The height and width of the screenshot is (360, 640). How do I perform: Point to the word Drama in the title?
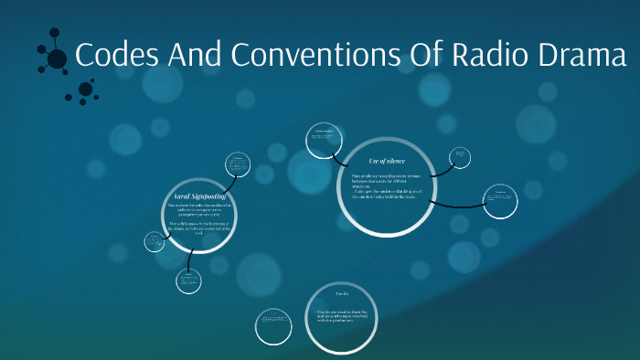[x=582, y=56]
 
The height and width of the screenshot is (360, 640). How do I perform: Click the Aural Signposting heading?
[x=200, y=196]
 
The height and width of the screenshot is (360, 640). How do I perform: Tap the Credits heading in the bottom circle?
[x=341, y=294]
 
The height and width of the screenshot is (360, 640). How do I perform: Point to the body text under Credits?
[x=342, y=318]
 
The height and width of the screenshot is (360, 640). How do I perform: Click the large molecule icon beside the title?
[x=56, y=58]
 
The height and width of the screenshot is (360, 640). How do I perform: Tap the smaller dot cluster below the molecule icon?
[x=85, y=90]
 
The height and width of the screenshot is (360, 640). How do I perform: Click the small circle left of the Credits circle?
[x=273, y=325]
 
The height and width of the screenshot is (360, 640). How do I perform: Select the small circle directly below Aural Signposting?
[x=189, y=281]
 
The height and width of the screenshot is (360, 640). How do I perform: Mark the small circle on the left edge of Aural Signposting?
[x=154, y=241]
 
